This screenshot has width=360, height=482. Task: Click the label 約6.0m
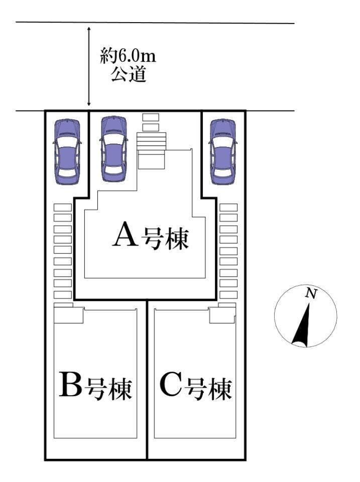click(x=128, y=56)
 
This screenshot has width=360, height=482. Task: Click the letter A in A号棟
click(x=125, y=234)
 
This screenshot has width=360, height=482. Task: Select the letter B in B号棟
click(x=70, y=385)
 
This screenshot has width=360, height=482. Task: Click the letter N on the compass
click(x=311, y=294)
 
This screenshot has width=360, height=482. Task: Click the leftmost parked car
click(x=67, y=151)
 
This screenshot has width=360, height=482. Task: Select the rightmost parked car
click(x=222, y=151)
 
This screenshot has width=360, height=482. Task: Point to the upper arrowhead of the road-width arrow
click(x=89, y=30)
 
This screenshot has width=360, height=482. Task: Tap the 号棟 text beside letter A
click(x=165, y=238)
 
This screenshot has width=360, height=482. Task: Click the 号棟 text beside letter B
click(x=109, y=388)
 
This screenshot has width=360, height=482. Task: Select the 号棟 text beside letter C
click(x=210, y=388)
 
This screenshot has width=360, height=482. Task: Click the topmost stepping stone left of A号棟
click(x=63, y=207)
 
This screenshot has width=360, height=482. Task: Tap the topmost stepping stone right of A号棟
click(x=228, y=207)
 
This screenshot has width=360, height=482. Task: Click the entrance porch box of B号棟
click(x=69, y=316)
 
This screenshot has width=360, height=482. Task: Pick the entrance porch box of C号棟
click(x=222, y=315)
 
